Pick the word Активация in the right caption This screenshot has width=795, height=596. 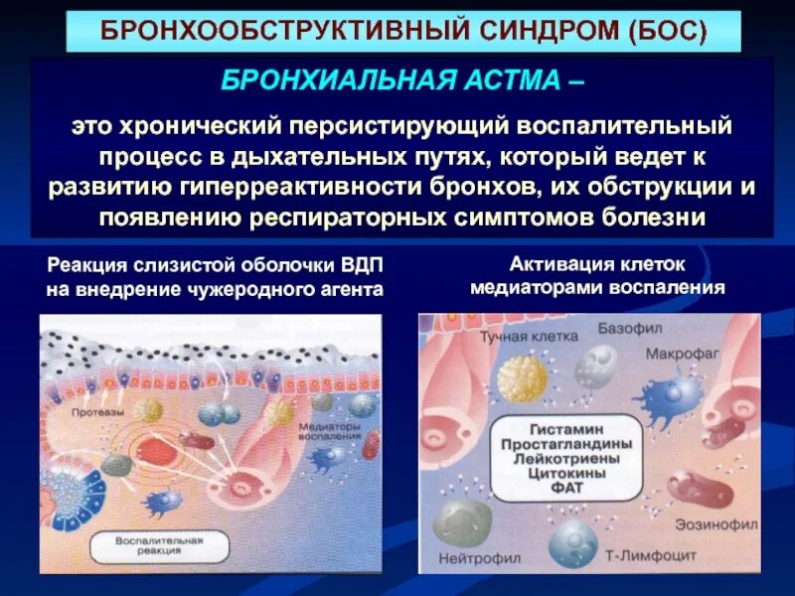tap(556, 263)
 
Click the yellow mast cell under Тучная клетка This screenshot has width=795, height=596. tap(522, 376)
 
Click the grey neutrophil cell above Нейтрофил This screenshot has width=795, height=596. tap(463, 521)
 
